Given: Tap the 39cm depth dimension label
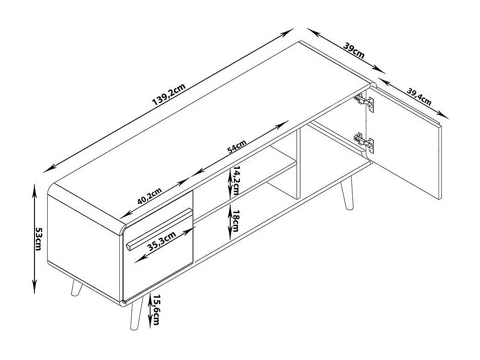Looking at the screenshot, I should click(354, 50).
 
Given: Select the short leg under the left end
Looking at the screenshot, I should click(75, 288).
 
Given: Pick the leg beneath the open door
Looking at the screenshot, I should click(347, 193).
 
